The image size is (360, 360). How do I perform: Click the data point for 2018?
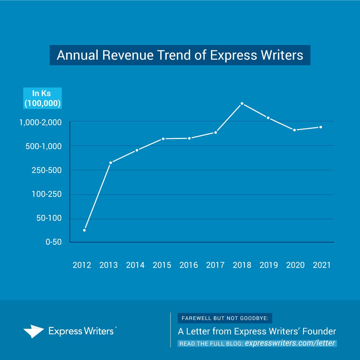click(x=242, y=104)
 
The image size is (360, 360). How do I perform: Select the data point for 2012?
click(x=84, y=230)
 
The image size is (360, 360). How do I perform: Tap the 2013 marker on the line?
click(x=111, y=163)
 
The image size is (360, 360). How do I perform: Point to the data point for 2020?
click(x=294, y=130)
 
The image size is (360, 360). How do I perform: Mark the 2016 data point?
click(x=189, y=138)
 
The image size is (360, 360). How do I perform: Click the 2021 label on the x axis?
click(x=322, y=265)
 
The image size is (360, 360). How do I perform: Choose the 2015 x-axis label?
click(x=162, y=265)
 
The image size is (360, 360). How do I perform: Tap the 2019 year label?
click(x=268, y=265)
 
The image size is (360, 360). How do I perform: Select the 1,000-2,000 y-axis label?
click(x=40, y=122)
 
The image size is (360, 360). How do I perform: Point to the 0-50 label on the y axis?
click(x=53, y=242)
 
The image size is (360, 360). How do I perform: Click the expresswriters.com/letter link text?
click(x=290, y=343)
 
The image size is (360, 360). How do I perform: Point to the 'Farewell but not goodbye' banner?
click(x=225, y=318)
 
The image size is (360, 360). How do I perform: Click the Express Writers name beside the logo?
click(x=82, y=331)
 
